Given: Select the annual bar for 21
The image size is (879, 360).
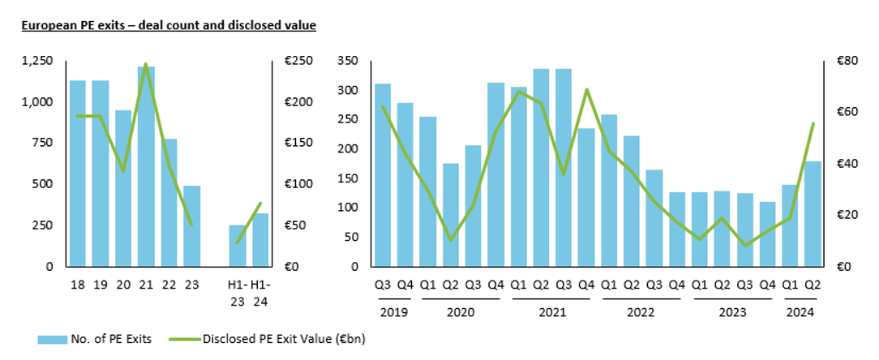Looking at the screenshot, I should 146,166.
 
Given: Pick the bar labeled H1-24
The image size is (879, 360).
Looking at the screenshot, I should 260,239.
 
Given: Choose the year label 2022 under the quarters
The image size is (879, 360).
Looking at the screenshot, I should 641,311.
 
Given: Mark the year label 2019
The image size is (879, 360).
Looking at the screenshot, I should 393,311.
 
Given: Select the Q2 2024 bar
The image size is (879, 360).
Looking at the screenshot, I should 813,213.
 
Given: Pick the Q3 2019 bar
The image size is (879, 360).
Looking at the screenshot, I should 383,174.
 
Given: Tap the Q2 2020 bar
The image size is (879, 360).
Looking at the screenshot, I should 451,215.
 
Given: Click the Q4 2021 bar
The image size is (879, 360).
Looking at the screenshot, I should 586,197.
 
